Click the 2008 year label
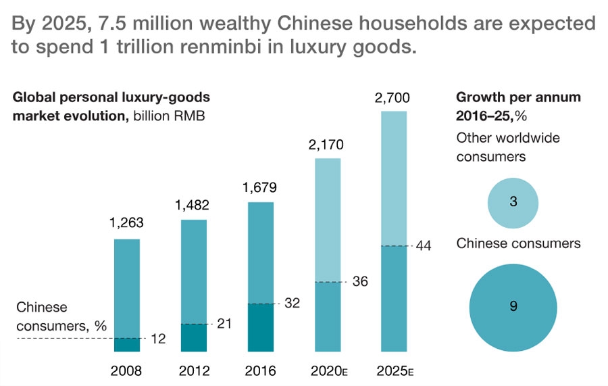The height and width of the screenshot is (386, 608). pyautogui.click(x=127, y=371)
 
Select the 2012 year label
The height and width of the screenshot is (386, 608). pyautogui.click(x=194, y=371)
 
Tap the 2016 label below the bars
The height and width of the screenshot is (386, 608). pyautogui.click(x=261, y=371)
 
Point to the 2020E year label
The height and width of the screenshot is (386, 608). pyautogui.click(x=329, y=371)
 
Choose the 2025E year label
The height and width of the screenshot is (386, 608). pyautogui.click(x=396, y=371)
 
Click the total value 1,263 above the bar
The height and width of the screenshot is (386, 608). pyautogui.click(x=127, y=224)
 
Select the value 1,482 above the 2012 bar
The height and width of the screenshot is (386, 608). pyautogui.click(x=194, y=205)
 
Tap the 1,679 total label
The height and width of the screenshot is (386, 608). pyautogui.click(x=261, y=187)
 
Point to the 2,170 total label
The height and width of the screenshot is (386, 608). pyautogui.click(x=328, y=144)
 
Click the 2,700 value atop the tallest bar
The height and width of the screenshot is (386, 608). pyautogui.click(x=395, y=99)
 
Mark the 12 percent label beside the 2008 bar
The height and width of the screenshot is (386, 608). pyautogui.click(x=158, y=339)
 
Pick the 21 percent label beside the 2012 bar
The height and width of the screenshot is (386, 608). pyautogui.click(x=224, y=324)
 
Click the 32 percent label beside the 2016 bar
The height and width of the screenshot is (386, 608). pyautogui.click(x=291, y=304)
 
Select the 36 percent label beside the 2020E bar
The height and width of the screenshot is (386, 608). pyautogui.click(x=359, y=282)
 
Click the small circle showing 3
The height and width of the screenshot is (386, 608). pyautogui.click(x=513, y=201)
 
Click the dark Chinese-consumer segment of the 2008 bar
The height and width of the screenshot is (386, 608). pyautogui.click(x=127, y=345)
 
